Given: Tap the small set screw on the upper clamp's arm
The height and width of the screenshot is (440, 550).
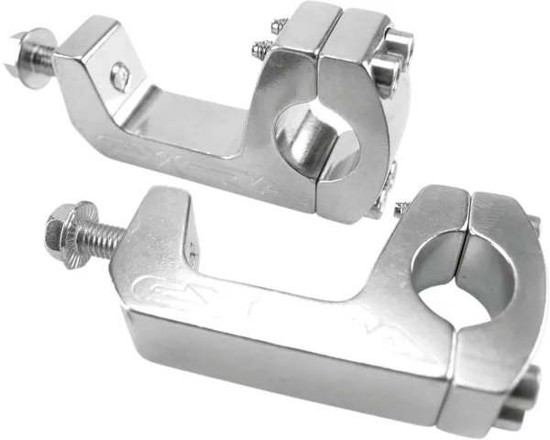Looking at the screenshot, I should point(120,77).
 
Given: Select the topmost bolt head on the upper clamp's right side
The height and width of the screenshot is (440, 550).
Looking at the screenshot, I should point(400,43).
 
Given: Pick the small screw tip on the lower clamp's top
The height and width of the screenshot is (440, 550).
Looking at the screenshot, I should point(401,210).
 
